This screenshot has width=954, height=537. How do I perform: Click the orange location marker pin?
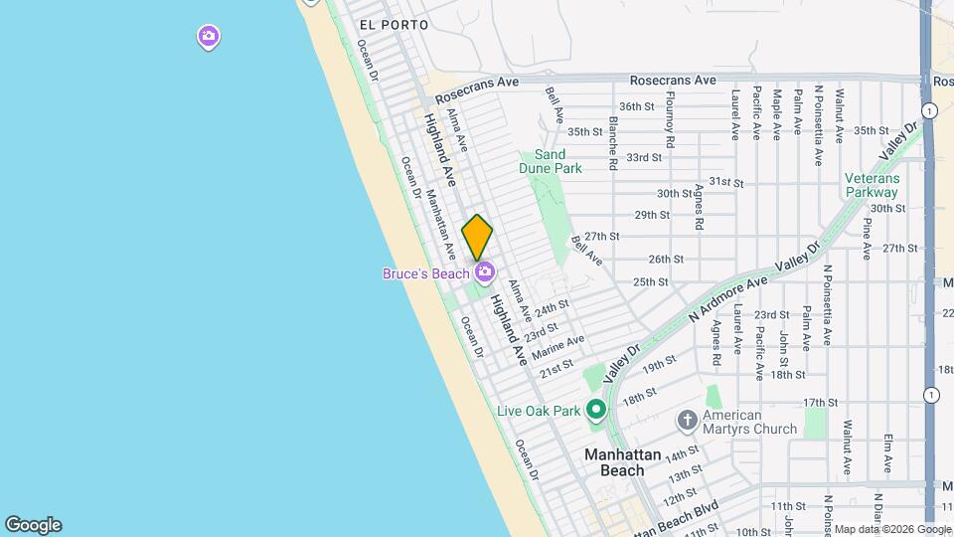tap(478, 237)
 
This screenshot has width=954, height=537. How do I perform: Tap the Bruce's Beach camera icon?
tap(485, 271)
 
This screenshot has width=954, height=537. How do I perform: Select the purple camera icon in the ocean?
tap(209, 38)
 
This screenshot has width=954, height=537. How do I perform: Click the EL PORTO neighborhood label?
tap(395, 24)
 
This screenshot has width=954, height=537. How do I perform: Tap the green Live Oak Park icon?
tap(596, 410)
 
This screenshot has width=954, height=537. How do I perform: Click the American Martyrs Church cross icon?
tap(687, 420)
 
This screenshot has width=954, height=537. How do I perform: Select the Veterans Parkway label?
tap(872, 185)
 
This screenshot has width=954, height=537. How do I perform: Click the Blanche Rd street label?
tap(613, 143)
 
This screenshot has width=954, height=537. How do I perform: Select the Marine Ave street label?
tap(557, 349)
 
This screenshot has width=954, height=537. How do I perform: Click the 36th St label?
tap(637, 106)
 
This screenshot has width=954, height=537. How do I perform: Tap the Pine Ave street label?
tap(867, 239)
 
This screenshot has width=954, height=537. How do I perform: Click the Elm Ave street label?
tap(886, 453)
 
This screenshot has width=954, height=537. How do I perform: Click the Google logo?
tap(33, 525)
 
